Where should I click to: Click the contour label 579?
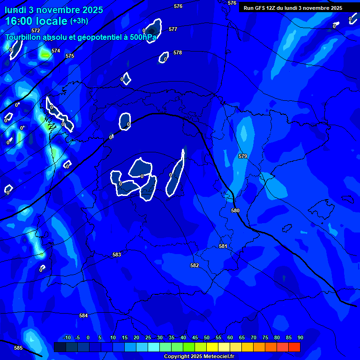243,156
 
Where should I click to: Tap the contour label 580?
235,211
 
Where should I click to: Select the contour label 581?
223,247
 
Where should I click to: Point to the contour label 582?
195,265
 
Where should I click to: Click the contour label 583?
117,255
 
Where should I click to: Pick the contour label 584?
83,316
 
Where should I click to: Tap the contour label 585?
18,348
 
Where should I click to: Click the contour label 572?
36,30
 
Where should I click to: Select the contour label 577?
173,30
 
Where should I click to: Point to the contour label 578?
178,53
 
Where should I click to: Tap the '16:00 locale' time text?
36,22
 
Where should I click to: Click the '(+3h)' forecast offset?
79,21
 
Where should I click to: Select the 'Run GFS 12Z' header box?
293,8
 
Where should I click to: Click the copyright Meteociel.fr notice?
198,357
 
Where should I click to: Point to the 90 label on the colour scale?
300,338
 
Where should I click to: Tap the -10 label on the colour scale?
67,338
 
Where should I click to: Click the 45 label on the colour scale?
195,338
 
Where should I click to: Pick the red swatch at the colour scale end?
294,347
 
